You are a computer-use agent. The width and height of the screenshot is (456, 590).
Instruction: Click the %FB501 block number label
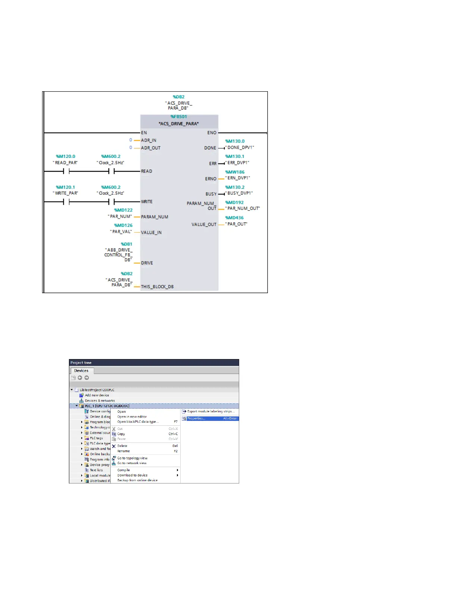click(x=179, y=117)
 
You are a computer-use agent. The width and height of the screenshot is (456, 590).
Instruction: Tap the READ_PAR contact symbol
click(x=66, y=171)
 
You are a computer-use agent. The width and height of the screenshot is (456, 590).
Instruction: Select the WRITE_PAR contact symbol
click(x=66, y=202)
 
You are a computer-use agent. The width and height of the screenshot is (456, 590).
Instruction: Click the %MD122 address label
click(x=123, y=210)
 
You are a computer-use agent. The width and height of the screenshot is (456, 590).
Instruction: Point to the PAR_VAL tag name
click(x=121, y=232)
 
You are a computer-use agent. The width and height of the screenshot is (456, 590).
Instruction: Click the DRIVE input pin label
click(x=147, y=263)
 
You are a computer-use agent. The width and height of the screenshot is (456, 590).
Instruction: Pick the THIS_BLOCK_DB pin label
click(x=157, y=287)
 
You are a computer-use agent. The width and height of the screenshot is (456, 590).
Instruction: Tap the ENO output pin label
click(x=212, y=133)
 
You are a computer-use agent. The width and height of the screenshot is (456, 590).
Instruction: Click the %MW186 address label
click(x=235, y=172)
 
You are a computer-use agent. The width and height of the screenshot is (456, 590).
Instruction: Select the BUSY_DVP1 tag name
click(x=239, y=193)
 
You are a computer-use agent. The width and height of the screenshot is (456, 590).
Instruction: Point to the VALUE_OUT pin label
click(x=204, y=225)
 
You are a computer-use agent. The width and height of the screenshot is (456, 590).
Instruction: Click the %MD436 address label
click(x=234, y=218)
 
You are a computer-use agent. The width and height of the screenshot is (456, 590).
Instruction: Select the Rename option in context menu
click(x=124, y=451)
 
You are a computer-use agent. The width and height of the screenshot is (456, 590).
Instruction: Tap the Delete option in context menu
click(x=122, y=446)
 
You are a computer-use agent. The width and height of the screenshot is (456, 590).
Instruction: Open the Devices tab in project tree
click(x=81, y=371)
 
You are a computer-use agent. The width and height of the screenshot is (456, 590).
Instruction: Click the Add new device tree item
click(x=97, y=395)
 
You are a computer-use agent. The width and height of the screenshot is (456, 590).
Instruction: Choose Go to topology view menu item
click(x=132, y=458)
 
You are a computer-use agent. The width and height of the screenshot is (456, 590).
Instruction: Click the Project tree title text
click(x=81, y=363)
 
